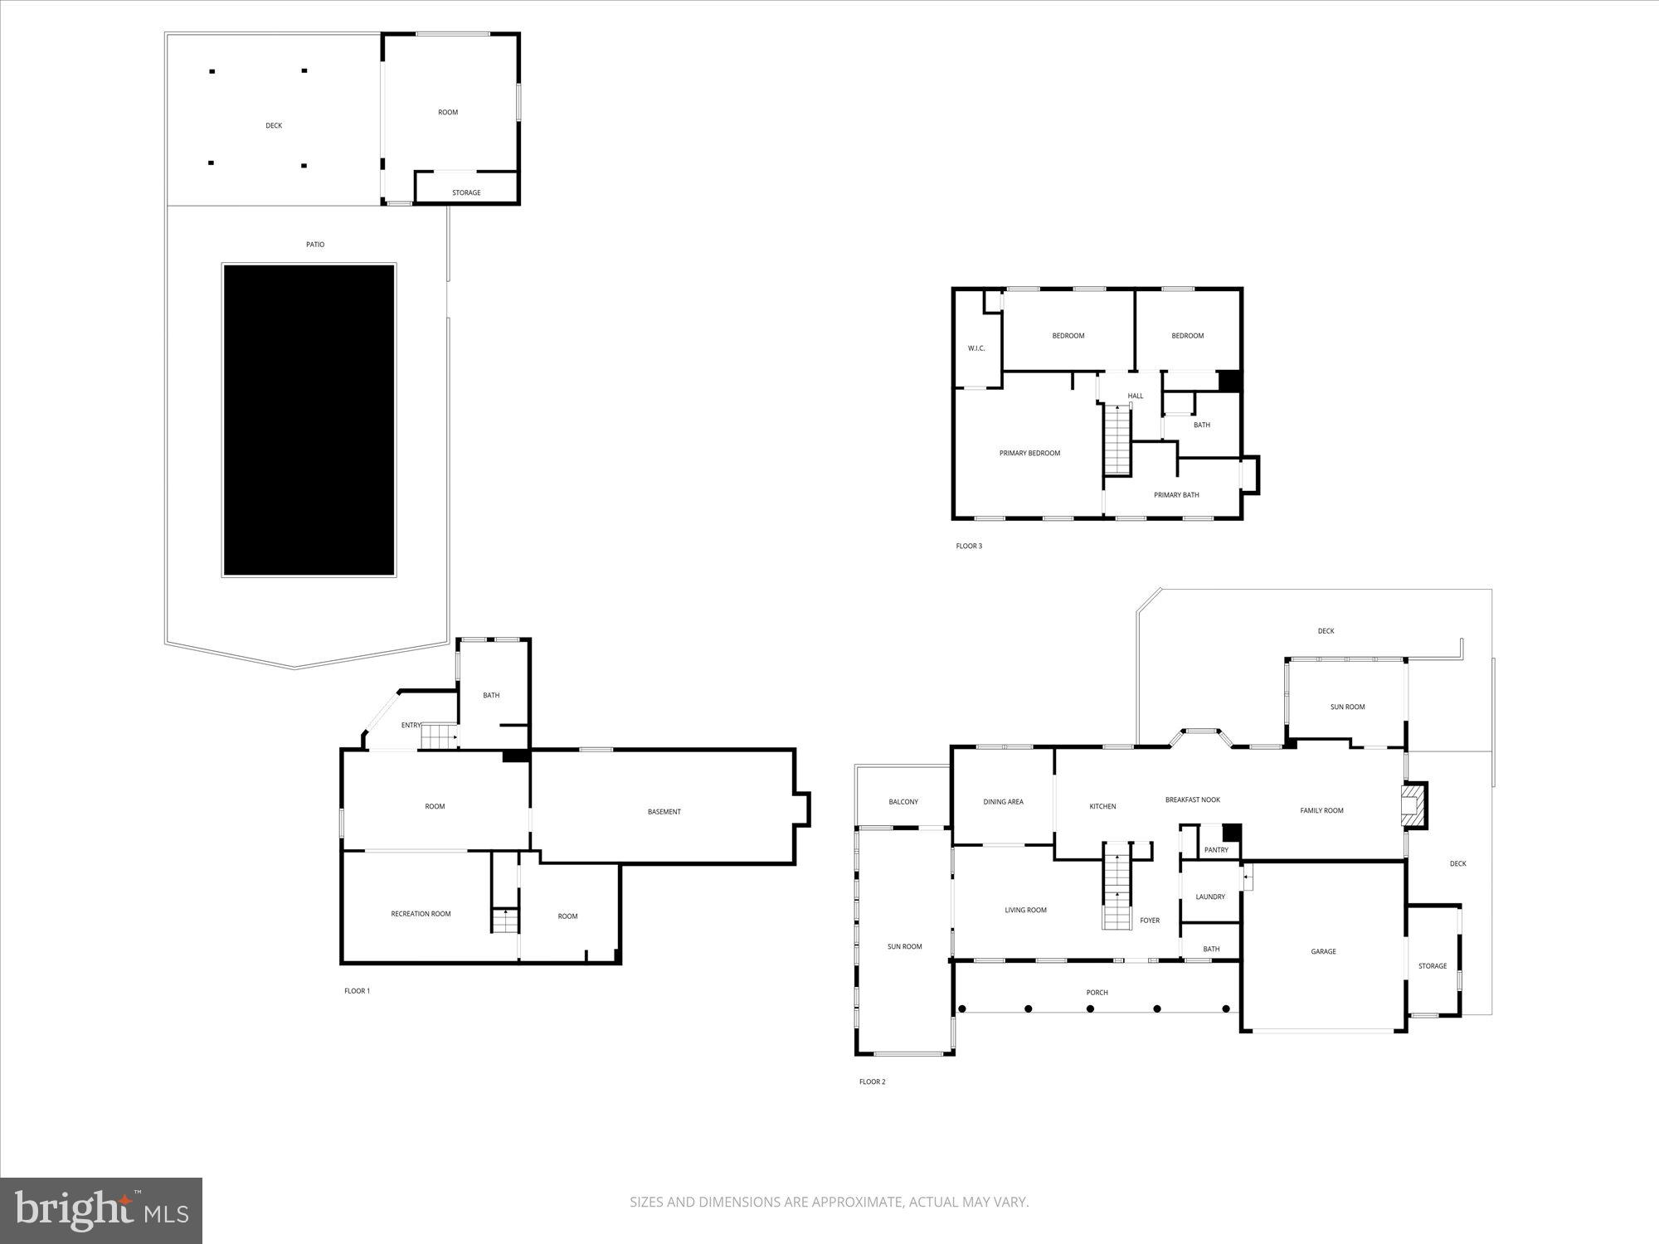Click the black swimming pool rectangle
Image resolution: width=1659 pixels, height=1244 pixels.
309,420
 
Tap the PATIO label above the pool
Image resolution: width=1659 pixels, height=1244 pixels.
315,245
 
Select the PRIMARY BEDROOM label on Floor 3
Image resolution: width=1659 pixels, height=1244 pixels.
1029,454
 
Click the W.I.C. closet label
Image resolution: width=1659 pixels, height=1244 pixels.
976,348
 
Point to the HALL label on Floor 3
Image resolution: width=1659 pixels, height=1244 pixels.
1136,396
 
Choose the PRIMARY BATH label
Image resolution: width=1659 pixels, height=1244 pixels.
1176,495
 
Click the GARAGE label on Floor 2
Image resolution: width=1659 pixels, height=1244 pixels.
1323,952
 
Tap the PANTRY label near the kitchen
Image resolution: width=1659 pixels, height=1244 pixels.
1216,850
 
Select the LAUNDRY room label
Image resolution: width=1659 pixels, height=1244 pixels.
1210,897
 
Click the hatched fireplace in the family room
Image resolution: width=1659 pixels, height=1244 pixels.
1412,805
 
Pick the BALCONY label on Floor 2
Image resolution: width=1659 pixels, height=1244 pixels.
903,802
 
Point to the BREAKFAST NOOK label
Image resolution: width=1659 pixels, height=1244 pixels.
1192,800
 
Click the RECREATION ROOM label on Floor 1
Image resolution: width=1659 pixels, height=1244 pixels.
421,914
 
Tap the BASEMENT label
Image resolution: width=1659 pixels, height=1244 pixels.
664,812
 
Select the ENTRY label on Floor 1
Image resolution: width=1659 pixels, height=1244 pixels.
411,726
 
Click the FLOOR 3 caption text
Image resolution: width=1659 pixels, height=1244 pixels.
969,547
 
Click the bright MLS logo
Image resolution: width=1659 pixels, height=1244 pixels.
101,1212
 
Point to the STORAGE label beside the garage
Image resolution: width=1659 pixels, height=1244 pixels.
1432,966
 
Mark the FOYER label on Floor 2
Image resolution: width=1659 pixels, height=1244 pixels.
1150,921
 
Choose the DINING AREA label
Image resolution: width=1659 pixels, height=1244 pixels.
1003,802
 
